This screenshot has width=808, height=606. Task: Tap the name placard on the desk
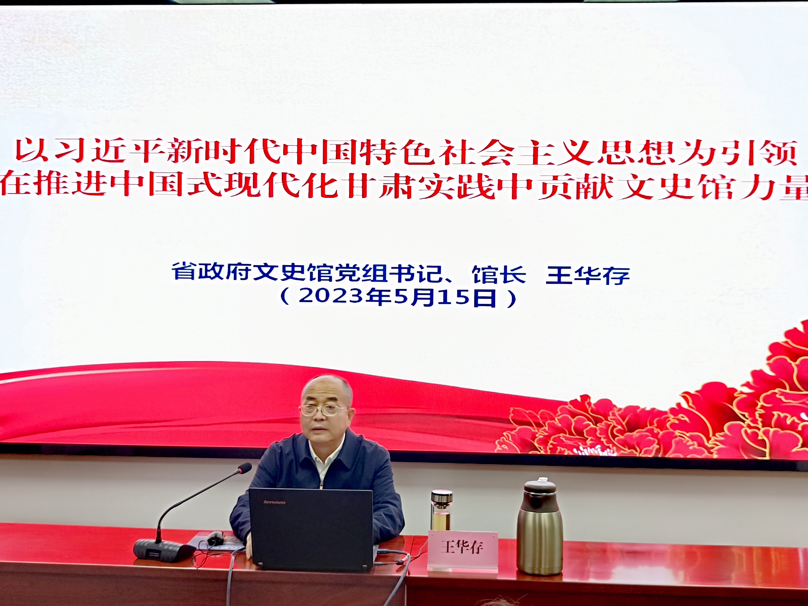click(463, 550)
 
